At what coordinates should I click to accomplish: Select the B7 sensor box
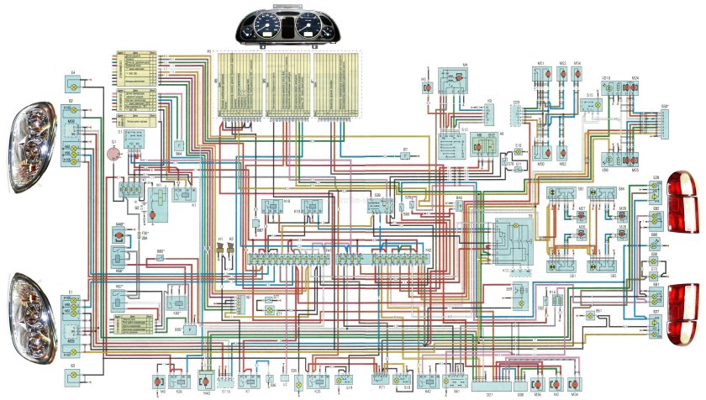[405, 157]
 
